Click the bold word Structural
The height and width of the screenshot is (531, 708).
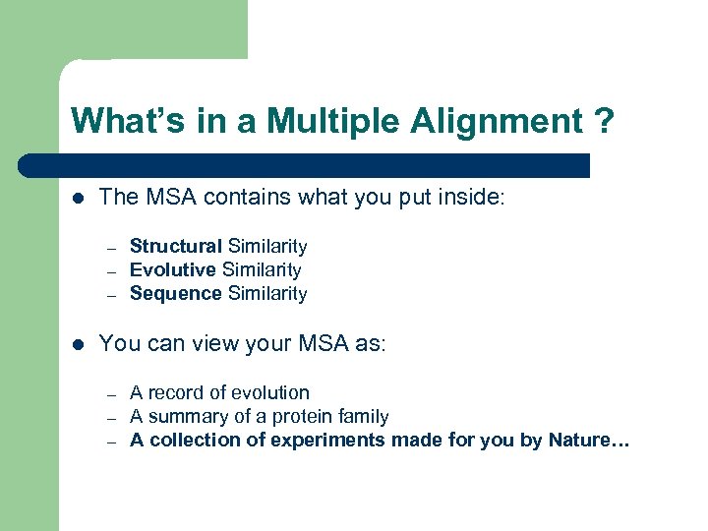(x=175, y=247)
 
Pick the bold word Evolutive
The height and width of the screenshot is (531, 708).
(x=173, y=270)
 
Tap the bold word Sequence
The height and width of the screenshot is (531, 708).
(x=175, y=294)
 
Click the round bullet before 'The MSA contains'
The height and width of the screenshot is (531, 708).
(x=78, y=198)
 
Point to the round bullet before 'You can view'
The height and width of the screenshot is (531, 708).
(x=78, y=344)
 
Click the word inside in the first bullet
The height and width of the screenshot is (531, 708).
(x=473, y=197)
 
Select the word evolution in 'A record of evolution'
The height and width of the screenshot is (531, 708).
(x=266, y=393)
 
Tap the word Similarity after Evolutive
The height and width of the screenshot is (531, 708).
(x=262, y=270)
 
